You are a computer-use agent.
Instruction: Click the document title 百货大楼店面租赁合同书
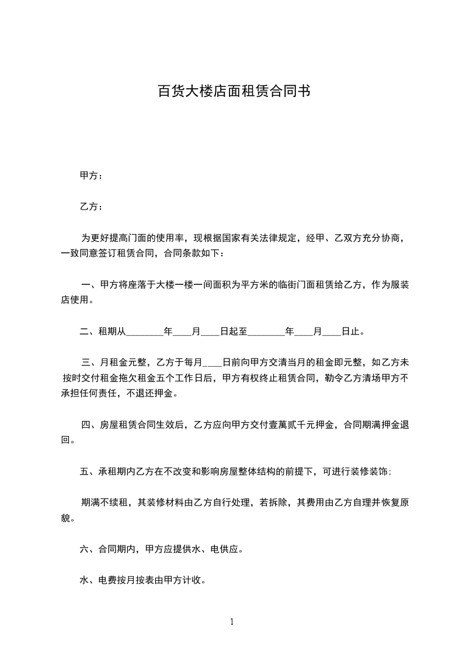233,92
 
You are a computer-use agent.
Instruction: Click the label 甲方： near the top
91,175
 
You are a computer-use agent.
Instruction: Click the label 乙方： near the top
91,207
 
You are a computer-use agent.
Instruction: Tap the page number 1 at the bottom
232,622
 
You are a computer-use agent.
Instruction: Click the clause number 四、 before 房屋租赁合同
90,425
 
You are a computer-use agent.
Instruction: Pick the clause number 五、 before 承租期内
88,472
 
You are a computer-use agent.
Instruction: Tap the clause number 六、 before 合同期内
88,549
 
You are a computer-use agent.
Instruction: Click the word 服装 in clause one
399,285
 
